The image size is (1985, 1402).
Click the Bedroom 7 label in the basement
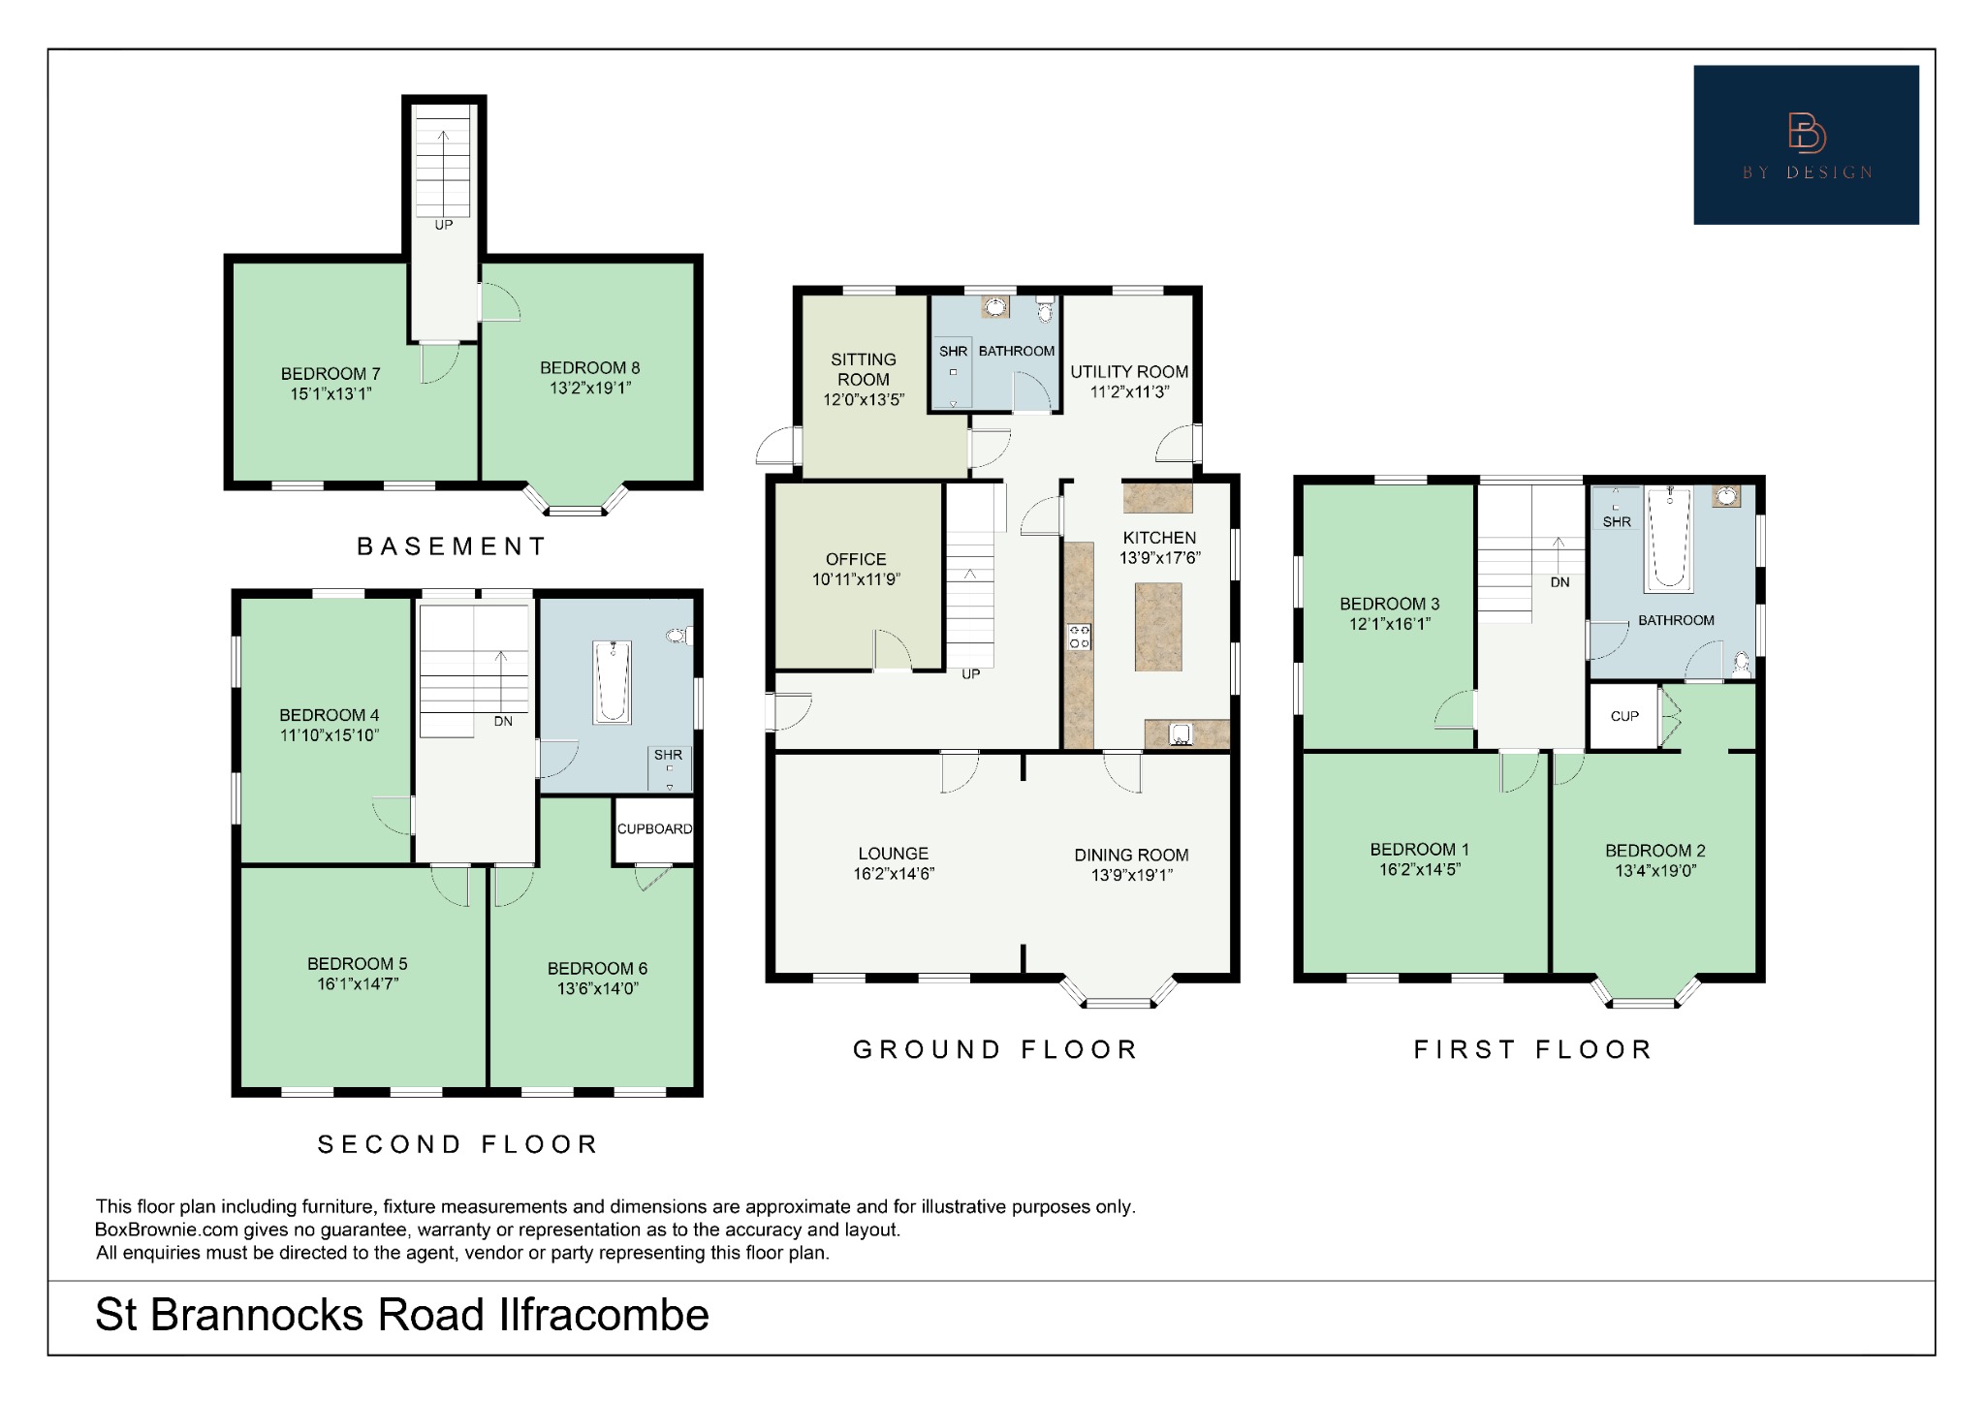(x=330, y=373)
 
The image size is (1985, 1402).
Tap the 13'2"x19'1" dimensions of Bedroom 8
(x=589, y=389)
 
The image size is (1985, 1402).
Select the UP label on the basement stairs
(x=443, y=225)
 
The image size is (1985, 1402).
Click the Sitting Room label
(x=863, y=369)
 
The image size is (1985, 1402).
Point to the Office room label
(x=856, y=559)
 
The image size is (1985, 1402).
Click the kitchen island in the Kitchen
(x=1158, y=626)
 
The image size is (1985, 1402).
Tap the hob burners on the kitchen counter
(x=1079, y=637)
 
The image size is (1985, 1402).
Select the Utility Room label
(x=1129, y=371)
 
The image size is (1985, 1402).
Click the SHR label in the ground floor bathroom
(x=953, y=351)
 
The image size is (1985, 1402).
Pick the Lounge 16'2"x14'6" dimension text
(x=893, y=874)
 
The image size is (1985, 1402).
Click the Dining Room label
(x=1131, y=855)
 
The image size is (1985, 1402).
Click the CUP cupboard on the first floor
(x=1624, y=716)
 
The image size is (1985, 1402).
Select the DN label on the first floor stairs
(x=1560, y=582)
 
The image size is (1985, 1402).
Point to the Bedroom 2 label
(x=1654, y=851)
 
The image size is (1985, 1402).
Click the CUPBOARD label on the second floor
(x=654, y=828)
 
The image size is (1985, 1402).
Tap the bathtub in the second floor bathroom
(x=612, y=681)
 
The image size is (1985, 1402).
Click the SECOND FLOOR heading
(x=457, y=1144)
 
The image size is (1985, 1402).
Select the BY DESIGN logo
(x=1806, y=145)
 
